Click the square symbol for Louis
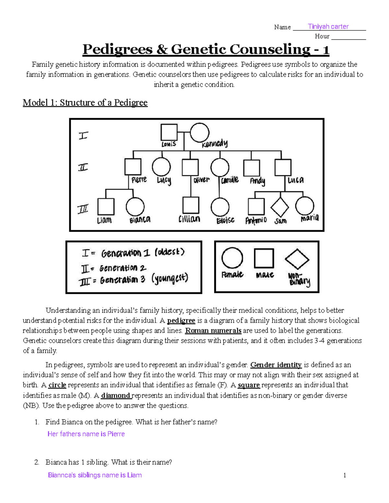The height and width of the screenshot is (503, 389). tap(169, 132)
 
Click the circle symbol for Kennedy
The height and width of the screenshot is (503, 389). tap(199, 133)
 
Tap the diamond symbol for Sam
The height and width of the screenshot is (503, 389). tap(280, 207)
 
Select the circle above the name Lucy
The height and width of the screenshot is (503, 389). tap(161, 167)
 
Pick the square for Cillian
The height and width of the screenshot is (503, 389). tap(191, 205)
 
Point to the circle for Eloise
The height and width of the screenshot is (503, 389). tap(220, 207)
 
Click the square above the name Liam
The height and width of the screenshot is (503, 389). tap(106, 207)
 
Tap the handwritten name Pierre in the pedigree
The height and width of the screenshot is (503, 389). tap(139, 179)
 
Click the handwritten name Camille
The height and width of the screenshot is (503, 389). tap(230, 180)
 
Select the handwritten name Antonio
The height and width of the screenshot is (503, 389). tap(256, 221)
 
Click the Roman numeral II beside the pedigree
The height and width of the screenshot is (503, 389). tap(83, 167)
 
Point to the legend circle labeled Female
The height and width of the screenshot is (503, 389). tap(232, 258)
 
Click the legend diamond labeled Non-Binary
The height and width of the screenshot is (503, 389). tap(297, 259)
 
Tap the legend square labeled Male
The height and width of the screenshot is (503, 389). tap(264, 258)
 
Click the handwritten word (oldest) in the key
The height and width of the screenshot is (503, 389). tap(169, 252)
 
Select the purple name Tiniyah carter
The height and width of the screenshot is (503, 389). tap(328, 27)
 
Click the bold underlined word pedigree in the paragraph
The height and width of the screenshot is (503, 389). tap(181, 321)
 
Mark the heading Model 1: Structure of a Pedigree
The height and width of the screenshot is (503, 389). tap(85, 103)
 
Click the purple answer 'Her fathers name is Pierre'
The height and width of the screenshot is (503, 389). tap(86, 434)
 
